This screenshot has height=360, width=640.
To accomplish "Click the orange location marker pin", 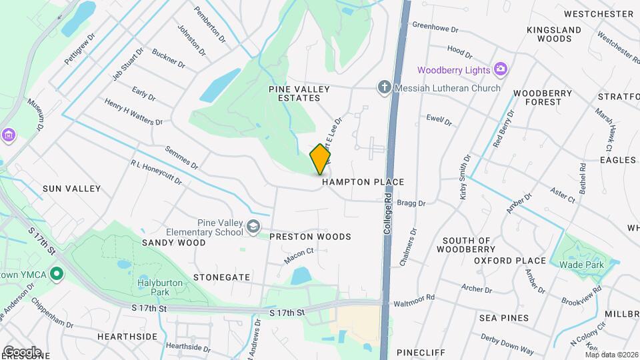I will pos(321,159).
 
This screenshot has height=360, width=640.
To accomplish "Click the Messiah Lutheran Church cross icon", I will pos(383,87).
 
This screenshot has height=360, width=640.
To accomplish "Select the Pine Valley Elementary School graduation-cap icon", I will pos(253,227).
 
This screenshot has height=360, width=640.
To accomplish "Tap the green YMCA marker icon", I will pos(57,273).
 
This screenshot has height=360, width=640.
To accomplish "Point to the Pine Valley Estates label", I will pos(295,93).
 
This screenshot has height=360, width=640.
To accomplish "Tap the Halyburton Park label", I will pos(159,287).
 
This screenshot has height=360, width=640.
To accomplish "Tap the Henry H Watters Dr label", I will pos(133,111).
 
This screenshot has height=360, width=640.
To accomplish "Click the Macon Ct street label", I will pos(299,256).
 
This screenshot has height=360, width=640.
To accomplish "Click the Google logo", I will pos(21,351).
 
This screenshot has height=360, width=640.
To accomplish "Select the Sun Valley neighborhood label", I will pos(71,189).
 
